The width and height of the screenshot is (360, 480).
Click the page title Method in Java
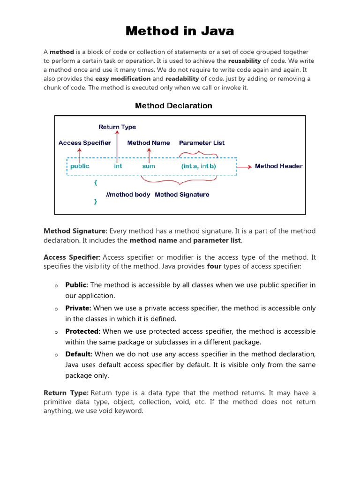point(180,31)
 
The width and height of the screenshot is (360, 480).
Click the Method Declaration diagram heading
point(173,105)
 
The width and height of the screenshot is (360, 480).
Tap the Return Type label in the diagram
point(117,127)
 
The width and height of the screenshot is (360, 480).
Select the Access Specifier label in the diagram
point(85,143)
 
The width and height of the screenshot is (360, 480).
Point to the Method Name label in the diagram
point(149,143)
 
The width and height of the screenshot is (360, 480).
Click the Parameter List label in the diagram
point(202,143)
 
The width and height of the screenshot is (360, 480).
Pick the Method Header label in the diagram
point(278,166)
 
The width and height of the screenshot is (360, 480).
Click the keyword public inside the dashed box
point(80,166)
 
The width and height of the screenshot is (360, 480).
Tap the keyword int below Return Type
point(118,166)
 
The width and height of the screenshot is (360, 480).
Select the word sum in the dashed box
point(149,166)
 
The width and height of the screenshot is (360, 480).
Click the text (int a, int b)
point(199,166)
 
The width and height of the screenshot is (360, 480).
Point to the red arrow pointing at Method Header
point(244,166)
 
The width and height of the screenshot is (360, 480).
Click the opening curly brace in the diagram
point(96,183)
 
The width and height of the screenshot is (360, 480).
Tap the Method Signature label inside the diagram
point(182,195)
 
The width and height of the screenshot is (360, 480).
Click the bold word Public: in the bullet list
point(77,285)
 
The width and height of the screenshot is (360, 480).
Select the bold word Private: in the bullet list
point(78,308)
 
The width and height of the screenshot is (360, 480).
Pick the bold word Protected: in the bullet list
point(83,331)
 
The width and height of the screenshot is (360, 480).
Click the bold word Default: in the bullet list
point(79,354)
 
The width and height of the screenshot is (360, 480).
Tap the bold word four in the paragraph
point(214,266)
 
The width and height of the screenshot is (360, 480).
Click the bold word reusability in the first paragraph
point(244,61)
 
